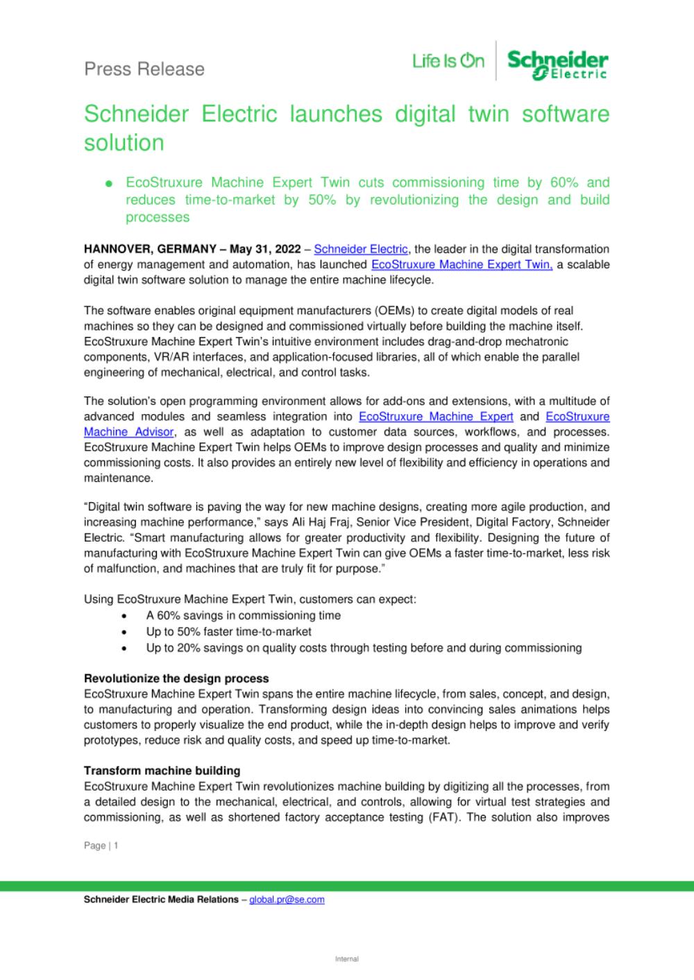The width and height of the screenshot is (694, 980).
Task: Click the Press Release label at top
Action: pos(144,69)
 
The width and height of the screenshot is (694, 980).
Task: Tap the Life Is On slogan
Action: pos(448,62)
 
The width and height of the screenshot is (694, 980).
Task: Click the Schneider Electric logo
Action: pos(558,65)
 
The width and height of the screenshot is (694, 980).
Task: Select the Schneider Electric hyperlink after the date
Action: pos(361,249)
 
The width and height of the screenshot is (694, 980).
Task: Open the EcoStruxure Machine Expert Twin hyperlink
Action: pos(462,264)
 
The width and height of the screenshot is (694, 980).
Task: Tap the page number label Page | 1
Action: pos(101,845)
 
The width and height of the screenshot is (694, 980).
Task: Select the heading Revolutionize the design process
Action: pos(176,678)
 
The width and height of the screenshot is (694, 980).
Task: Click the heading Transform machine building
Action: pos(162,771)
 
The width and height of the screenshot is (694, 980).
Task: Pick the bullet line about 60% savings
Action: pos(243,615)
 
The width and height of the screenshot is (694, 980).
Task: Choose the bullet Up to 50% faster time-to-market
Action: pos(228,632)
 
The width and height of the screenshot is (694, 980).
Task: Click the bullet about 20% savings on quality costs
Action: pos(363,648)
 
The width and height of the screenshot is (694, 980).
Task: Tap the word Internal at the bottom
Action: pos(347,959)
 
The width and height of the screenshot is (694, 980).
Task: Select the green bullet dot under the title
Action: pos(108,184)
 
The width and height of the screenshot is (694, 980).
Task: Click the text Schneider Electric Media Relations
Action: pos(161,900)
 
